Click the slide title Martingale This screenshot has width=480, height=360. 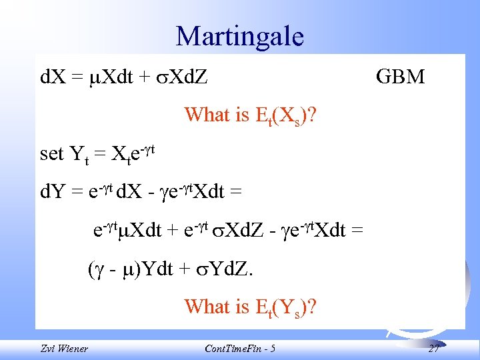pyautogui.click(x=239, y=36)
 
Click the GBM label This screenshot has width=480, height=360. pyautogui.click(x=400, y=77)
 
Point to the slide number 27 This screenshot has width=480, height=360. pyautogui.click(x=433, y=348)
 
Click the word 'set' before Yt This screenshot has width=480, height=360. pyautogui.click(x=52, y=154)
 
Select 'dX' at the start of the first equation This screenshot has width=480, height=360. pyautogui.click(x=52, y=77)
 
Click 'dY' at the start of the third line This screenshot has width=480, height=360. pyautogui.click(x=52, y=193)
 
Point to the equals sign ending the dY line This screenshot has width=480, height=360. pyautogui.click(x=235, y=193)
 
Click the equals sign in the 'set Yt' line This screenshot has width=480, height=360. pyautogui.click(x=100, y=155)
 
